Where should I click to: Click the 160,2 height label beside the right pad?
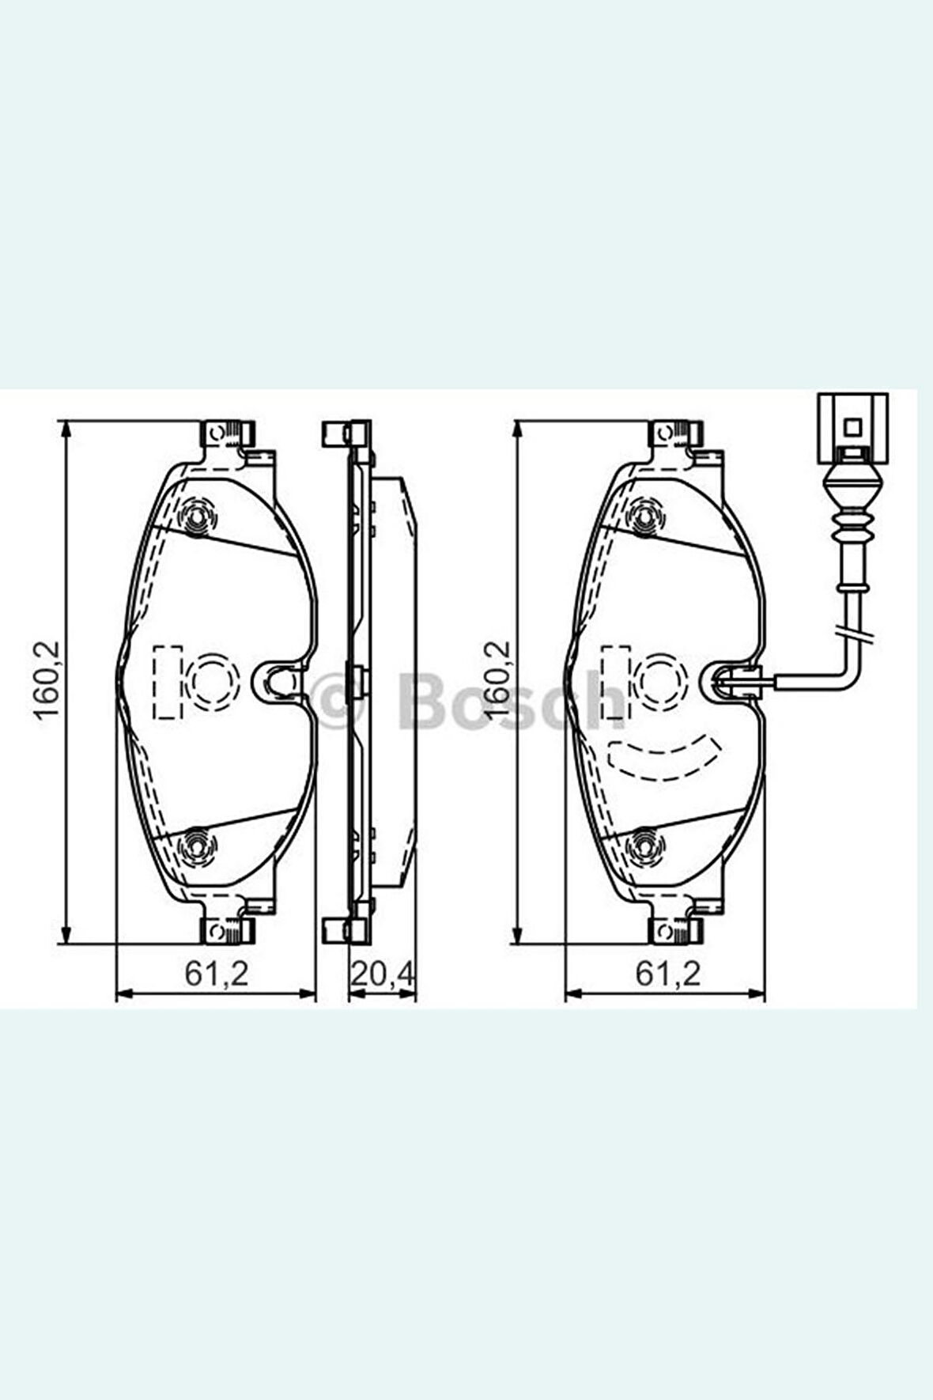[499, 679]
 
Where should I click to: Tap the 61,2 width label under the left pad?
[217, 974]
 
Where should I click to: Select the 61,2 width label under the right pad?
[668, 974]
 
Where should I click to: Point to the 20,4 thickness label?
[382, 974]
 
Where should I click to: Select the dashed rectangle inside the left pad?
[168, 682]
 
